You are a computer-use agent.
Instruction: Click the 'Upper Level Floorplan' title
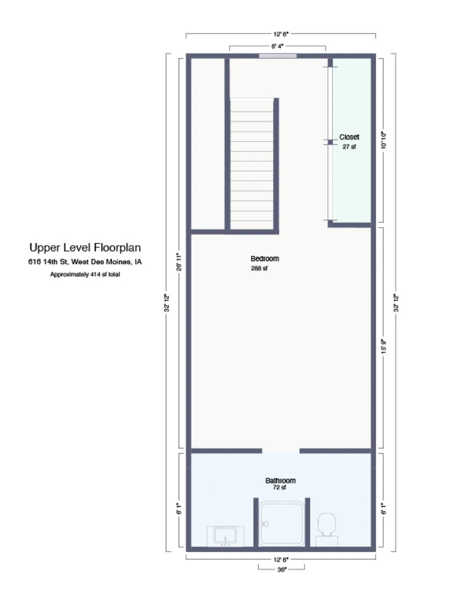[x=85, y=248]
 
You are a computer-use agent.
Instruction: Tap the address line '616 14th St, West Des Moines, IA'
[x=85, y=262]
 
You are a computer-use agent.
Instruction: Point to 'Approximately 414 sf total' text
[x=85, y=274]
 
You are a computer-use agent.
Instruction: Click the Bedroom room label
[x=265, y=259]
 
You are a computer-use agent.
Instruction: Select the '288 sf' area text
[x=259, y=268]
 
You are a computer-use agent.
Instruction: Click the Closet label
[x=349, y=137]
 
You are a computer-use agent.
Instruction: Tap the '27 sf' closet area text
[x=349, y=147]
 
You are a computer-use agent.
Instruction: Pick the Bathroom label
[x=280, y=480]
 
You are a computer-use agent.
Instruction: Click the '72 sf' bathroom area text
[x=280, y=488]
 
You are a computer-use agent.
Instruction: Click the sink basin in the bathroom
[x=225, y=536]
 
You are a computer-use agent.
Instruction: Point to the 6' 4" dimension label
[x=277, y=46]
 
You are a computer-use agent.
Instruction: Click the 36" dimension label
[x=282, y=569]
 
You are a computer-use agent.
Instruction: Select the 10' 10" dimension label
[x=384, y=140]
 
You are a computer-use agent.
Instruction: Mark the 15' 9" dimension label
[x=384, y=346]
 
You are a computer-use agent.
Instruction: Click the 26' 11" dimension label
[x=179, y=262]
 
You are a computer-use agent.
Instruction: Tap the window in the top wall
[x=278, y=56]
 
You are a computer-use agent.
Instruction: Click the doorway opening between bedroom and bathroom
[x=280, y=451]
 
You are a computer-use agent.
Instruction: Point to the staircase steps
[x=252, y=164]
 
